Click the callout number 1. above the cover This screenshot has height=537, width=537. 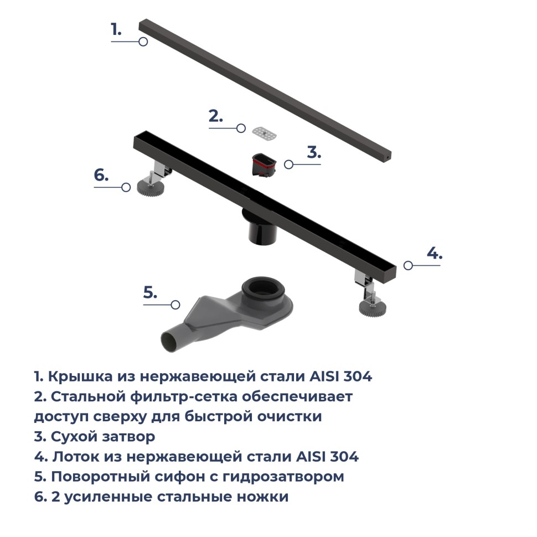click(x=116, y=29)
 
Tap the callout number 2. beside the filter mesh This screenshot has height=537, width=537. click(x=215, y=116)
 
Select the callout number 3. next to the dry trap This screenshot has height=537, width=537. click(x=314, y=152)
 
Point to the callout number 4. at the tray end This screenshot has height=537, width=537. click(x=435, y=254)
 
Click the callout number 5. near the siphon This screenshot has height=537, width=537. click(x=151, y=293)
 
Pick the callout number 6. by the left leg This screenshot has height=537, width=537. click(x=101, y=175)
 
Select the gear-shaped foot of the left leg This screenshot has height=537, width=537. click(x=149, y=187)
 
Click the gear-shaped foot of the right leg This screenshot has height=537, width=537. click(x=371, y=307)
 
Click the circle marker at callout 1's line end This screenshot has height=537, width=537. click(x=143, y=42)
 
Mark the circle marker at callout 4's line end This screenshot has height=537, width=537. click(x=408, y=265)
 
